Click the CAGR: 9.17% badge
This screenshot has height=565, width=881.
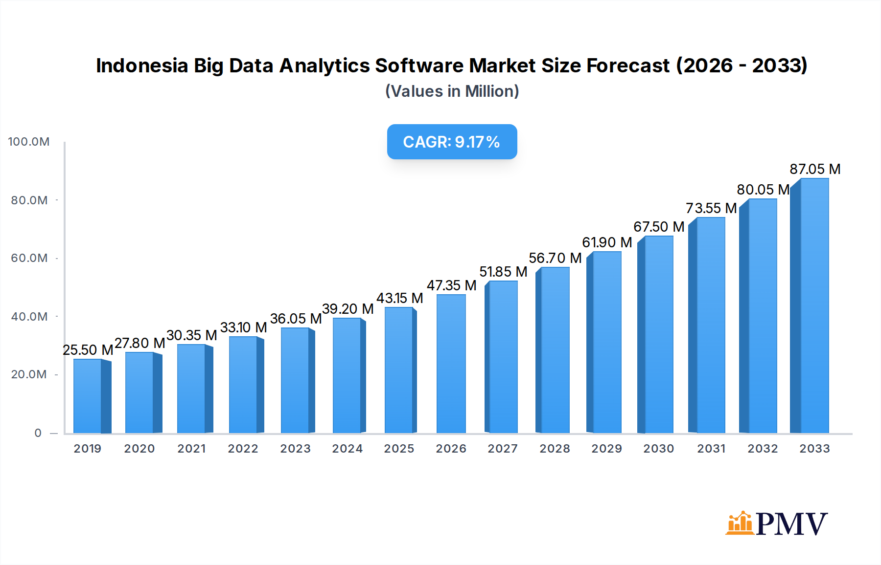coord(452,142)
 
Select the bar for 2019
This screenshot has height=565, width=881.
coord(88,396)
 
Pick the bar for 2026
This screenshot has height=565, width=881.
coord(451,364)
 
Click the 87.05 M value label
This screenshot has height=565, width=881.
coord(815,169)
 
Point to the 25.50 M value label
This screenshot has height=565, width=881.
coord(88,350)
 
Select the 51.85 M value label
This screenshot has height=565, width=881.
coord(503,272)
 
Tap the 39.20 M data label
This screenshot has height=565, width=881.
coord(348,309)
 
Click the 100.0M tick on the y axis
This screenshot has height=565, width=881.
coord(29,142)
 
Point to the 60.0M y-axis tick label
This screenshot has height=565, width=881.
coord(29,258)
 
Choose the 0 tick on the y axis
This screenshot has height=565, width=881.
coord(38,433)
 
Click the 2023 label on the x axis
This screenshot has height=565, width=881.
coord(295,449)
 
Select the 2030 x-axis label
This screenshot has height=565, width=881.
coord(658,449)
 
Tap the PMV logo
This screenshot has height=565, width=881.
coord(777,523)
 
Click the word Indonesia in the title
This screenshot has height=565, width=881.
coord(142,65)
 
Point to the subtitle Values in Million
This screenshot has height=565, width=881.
coord(452,91)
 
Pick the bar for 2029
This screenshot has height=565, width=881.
coord(606,342)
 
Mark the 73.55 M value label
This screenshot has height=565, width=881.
coord(711,208)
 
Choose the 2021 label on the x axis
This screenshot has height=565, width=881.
coord(191,449)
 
